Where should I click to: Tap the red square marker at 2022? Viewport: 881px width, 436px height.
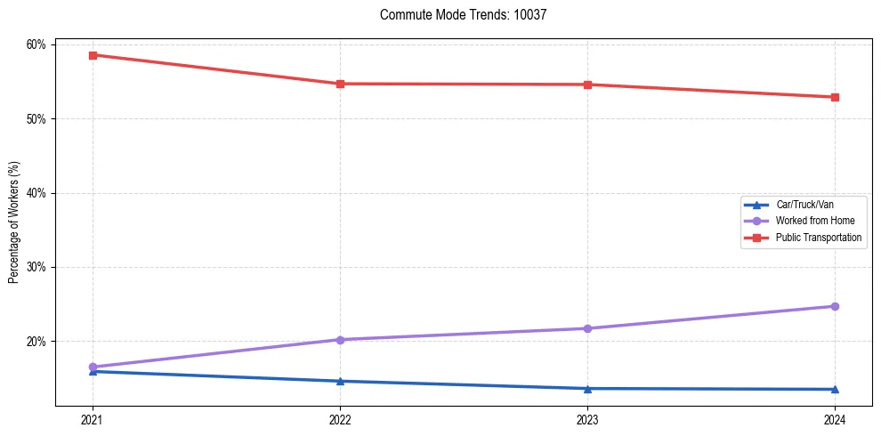(x=340, y=84)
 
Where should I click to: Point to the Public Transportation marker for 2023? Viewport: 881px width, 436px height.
(x=587, y=85)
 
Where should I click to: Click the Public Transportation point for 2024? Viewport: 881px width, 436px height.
(x=835, y=97)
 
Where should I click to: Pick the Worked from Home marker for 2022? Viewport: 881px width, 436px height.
(x=340, y=340)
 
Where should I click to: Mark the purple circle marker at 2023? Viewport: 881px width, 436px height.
(x=587, y=328)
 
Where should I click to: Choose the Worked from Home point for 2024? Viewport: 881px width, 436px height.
(x=835, y=306)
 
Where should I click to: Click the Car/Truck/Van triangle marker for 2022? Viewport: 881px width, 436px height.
(x=340, y=381)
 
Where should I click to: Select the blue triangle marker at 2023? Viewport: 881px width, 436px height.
(x=587, y=388)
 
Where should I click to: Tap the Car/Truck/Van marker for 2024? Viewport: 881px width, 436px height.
(x=835, y=389)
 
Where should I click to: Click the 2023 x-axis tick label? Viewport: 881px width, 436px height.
(x=587, y=419)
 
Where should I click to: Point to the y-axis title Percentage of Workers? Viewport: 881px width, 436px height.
(x=14, y=222)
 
